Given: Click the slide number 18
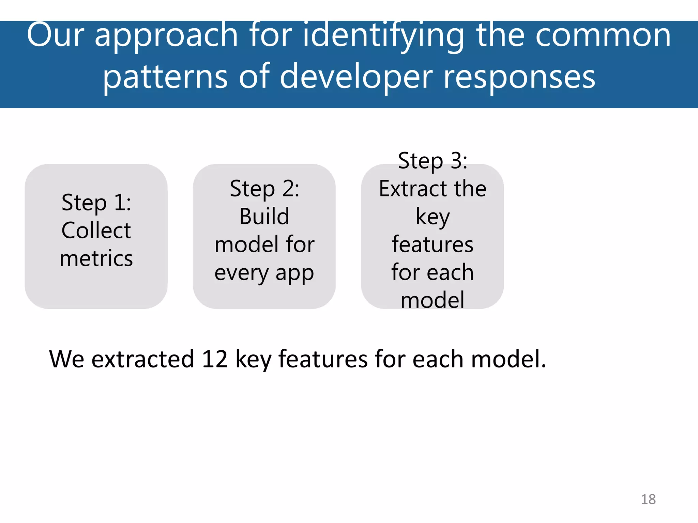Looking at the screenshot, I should [648, 499].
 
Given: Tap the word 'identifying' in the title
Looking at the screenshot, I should [383, 36].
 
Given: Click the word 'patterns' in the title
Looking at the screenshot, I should [165, 78].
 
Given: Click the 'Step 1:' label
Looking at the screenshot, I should [96, 203].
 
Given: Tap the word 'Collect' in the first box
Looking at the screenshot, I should [96, 231].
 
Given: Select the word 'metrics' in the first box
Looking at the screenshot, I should [96, 258].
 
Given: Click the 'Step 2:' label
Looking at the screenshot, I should [264, 189].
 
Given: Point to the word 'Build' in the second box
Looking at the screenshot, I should [264, 217].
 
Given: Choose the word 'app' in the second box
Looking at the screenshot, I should [294, 273].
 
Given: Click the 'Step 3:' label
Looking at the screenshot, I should [433, 161].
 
